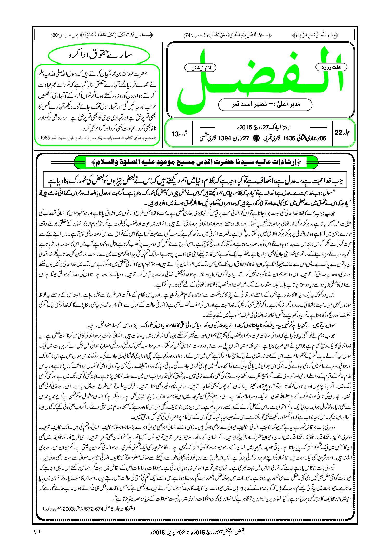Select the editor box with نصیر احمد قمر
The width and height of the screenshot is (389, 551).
click(265, 104)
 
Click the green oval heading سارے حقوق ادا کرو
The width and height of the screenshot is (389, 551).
click(99, 55)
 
